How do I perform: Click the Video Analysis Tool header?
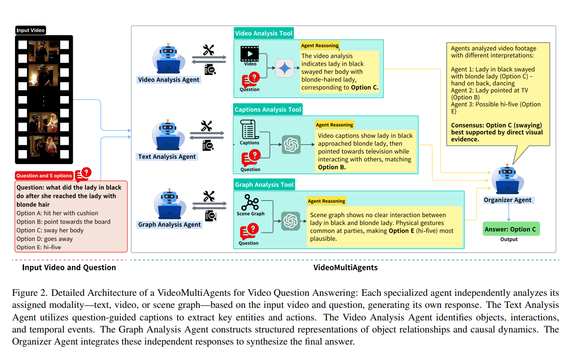coord(263,33)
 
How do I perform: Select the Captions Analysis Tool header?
coord(268,110)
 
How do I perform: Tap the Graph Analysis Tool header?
coord(264,185)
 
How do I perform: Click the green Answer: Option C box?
coord(511,229)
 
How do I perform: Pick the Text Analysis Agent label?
coord(167,156)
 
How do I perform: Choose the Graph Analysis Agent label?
coord(169,224)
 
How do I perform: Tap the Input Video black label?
coord(30,30)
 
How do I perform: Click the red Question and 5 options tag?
coord(44,176)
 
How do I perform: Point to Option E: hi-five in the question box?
coord(39,248)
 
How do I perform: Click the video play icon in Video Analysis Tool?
coord(250,54)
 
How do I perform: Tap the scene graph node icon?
coord(250,202)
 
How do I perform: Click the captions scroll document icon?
coord(249,130)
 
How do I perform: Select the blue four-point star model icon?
coord(285,69)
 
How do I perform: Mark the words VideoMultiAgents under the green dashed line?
coord(345,267)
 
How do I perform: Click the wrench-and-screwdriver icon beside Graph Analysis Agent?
coord(208,196)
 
